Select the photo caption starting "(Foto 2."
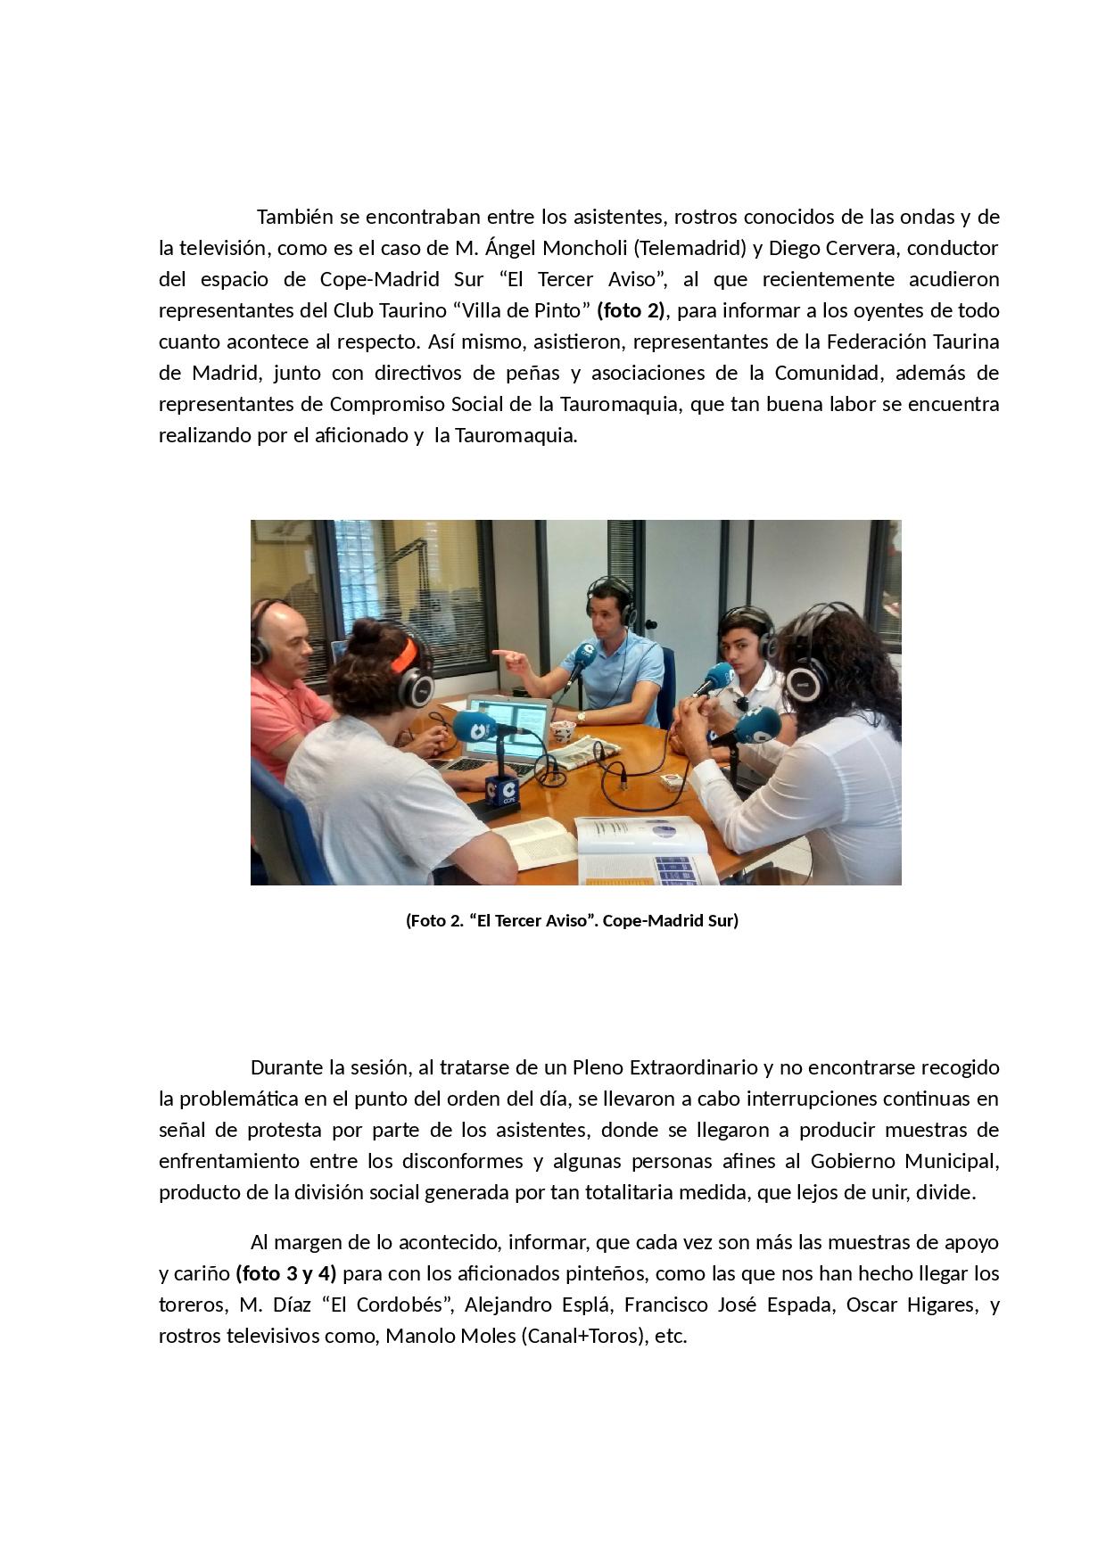pos(572,920)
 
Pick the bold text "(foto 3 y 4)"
pos(286,1272)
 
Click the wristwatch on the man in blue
pos(581,716)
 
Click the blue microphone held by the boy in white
pos(718,678)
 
